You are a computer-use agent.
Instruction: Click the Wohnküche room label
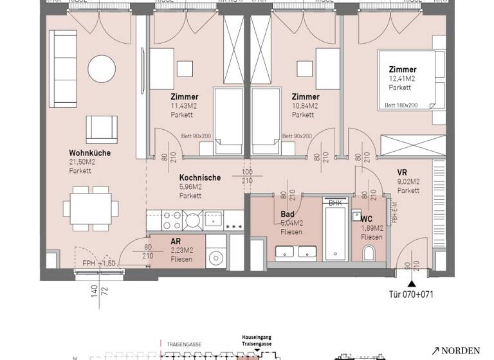(90, 153)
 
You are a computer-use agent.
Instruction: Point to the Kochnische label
(200, 177)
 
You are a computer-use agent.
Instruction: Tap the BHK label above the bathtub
(335, 203)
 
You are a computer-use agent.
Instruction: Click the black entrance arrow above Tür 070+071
(412, 283)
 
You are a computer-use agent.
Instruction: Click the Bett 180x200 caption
(401, 105)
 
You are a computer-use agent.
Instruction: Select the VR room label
(403, 172)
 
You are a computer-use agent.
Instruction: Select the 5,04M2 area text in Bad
(291, 223)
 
